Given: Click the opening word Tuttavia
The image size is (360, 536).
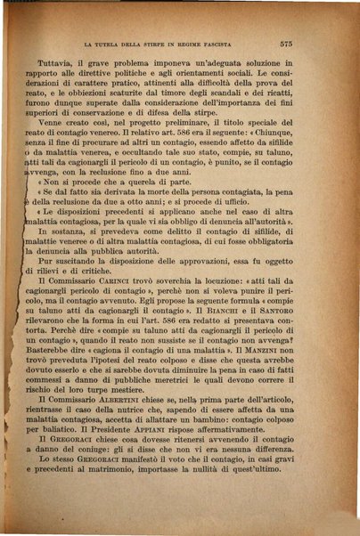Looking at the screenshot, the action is pyautogui.click(x=59, y=65).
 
